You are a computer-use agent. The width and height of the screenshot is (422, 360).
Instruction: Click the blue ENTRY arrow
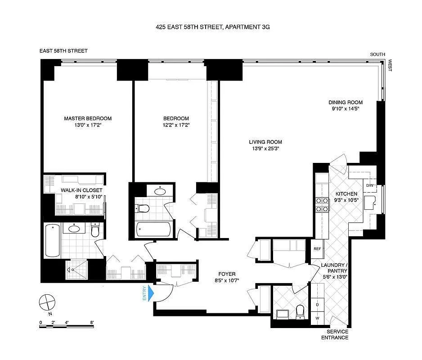pos(151,293)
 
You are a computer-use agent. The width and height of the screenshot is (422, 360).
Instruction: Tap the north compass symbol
pos(46,301)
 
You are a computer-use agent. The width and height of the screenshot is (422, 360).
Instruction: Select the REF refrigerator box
pos(317,248)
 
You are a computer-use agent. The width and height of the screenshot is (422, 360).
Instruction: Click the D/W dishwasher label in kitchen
pos(370,185)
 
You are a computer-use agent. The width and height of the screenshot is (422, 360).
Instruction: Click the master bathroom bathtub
pos(52,240)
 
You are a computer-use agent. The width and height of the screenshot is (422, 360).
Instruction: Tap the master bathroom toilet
pos(95,230)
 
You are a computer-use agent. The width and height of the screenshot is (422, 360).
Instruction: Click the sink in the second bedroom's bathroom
pos(160,191)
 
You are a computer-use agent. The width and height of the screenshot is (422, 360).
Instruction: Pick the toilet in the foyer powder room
pos(300,310)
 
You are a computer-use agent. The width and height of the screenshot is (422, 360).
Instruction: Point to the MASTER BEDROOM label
pos(88,118)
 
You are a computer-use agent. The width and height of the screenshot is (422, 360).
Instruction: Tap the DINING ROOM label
pos(345,102)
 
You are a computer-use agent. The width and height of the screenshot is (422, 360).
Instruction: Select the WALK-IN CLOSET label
pos(81,190)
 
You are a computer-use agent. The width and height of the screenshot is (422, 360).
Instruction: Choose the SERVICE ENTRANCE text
pos(334,334)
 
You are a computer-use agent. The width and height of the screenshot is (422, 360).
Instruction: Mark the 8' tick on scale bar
pos(92,323)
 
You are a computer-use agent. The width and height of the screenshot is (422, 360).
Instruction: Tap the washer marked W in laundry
pos(317,318)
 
